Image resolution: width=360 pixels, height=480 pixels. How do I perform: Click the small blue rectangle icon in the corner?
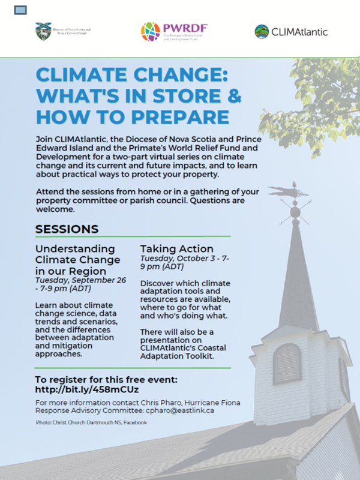21,10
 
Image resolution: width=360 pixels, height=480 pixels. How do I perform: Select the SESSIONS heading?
67,229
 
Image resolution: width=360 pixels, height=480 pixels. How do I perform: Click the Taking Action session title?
176,248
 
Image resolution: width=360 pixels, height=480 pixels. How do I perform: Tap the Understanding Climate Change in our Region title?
75,259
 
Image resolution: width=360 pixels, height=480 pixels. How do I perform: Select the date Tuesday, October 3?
180,258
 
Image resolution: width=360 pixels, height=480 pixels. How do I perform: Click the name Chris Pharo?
162,402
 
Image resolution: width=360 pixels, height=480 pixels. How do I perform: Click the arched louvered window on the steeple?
286,363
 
